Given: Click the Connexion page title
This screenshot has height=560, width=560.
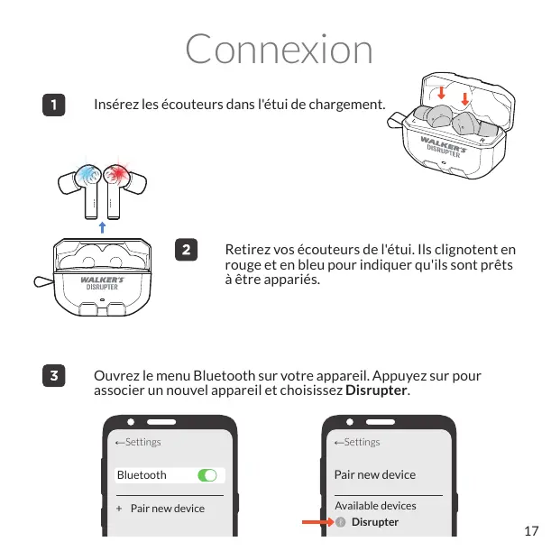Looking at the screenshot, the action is tap(279, 49).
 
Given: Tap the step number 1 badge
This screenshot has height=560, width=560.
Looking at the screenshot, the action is tap(55, 105).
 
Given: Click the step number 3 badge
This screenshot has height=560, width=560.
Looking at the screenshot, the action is tap(55, 376).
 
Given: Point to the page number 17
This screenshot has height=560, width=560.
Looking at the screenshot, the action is tap(531, 530).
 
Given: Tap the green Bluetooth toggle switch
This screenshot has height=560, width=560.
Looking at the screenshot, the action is tap(207, 475).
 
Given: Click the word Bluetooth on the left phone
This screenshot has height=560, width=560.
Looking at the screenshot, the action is tap(142, 475).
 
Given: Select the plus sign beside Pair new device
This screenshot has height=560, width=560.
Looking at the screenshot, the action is tap(119, 509).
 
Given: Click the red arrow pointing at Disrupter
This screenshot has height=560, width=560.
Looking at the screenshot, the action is tap(317, 522).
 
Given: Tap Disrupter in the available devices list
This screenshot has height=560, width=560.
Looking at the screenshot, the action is tap(374, 522).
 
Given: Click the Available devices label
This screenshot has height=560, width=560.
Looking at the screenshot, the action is tap(375, 506).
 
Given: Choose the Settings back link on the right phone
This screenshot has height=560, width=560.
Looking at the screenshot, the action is tap(357, 442).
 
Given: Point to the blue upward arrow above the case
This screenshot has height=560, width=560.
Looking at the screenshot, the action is tap(103, 225).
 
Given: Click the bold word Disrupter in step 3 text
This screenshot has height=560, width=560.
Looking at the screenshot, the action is tap(377, 391).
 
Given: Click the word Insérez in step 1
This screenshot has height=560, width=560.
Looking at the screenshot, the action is tap(115, 106).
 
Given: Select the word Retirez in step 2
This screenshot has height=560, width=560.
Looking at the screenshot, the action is tap(246, 249).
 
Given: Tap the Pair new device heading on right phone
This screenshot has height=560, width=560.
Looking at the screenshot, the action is tap(375, 474).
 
